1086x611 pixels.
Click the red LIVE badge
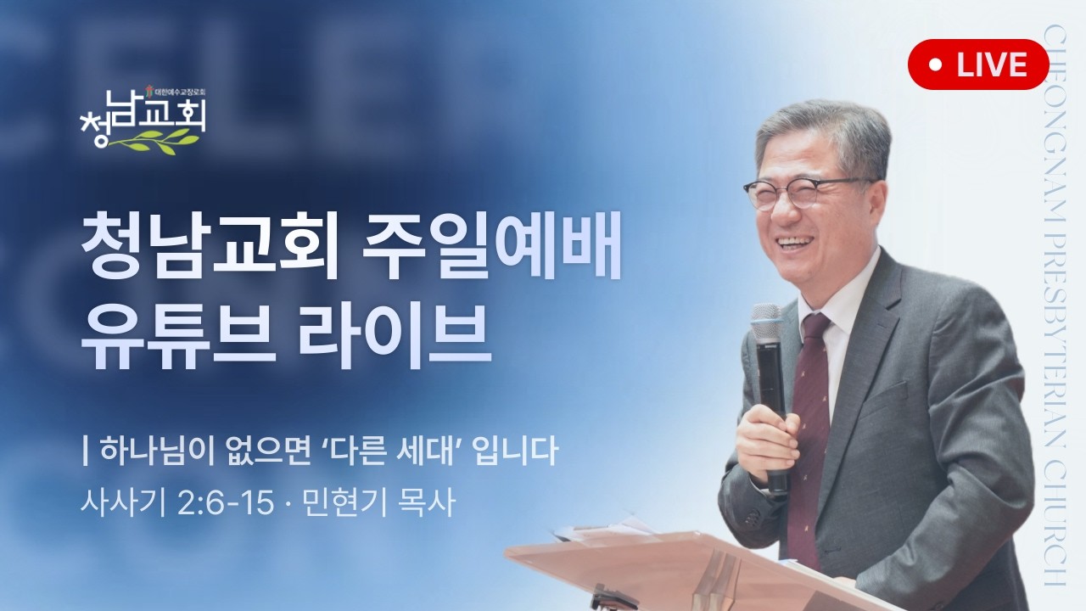978,64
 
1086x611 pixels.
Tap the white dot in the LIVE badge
936,64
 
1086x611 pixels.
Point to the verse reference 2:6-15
226,504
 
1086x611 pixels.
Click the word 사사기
125,504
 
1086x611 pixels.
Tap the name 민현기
344,504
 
